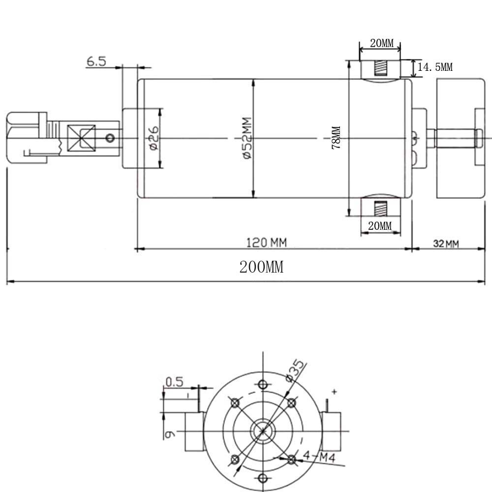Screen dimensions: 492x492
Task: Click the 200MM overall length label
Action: click(261, 267)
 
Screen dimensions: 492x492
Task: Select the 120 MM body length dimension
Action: click(266, 243)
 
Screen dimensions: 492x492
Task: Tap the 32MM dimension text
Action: click(446, 244)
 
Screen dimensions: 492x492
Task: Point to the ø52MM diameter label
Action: click(247, 138)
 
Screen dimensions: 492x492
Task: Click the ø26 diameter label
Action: click(154, 138)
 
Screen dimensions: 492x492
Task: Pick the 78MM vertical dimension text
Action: click(336, 137)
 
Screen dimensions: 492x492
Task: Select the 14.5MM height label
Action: click(435, 67)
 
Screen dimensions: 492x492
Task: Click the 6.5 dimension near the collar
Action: click(96, 61)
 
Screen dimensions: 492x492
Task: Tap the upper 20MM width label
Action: click(382, 43)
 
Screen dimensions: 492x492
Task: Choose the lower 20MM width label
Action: click(380, 226)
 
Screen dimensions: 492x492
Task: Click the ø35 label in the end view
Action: click(295, 370)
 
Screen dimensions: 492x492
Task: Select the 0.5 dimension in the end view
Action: click(174, 382)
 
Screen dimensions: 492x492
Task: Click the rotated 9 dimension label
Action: click(170, 434)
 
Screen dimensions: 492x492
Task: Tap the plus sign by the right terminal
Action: click(335, 392)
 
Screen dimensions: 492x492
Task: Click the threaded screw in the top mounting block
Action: click(381, 68)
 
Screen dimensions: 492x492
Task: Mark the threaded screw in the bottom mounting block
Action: click(381, 209)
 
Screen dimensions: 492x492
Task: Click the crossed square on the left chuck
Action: click(82, 138)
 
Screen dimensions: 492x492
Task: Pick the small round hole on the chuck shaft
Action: click(110, 138)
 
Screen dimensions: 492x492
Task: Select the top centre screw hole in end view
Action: click(263, 384)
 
